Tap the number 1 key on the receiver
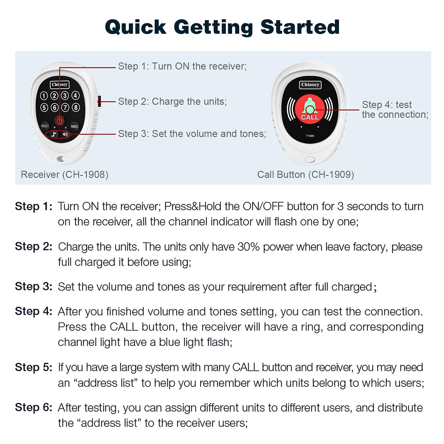(x=44, y=96)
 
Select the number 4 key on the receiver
(x=76, y=95)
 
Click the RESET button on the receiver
(x=45, y=126)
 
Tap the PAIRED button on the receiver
(x=74, y=126)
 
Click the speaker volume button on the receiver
(x=65, y=134)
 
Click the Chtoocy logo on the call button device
(x=310, y=85)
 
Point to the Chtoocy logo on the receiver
(x=59, y=85)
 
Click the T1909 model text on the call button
(x=310, y=136)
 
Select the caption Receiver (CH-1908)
(x=65, y=175)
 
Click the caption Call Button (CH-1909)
(x=305, y=175)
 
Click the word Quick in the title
(x=136, y=27)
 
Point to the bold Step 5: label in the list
(x=33, y=367)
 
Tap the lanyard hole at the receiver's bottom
(x=61, y=159)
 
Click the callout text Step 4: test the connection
(x=395, y=110)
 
